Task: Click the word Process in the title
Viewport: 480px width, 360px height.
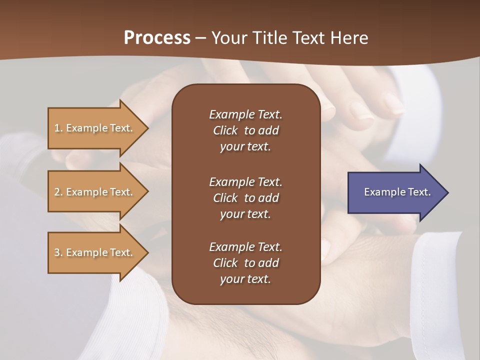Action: (x=157, y=38)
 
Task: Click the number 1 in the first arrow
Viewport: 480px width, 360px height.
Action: (x=57, y=128)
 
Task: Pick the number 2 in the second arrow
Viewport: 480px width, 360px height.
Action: (x=57, y=192)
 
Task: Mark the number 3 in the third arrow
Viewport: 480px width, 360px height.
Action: (x=57, y=252)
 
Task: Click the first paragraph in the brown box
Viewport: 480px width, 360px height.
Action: (x=245, y=130)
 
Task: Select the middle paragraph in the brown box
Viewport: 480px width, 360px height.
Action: (x=245, y=198)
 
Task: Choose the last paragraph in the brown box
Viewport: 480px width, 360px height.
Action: (x=245, y=263)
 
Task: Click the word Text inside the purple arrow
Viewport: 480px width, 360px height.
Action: (x=419, y=192)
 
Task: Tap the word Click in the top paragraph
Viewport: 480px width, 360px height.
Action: (x=225, y=130)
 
